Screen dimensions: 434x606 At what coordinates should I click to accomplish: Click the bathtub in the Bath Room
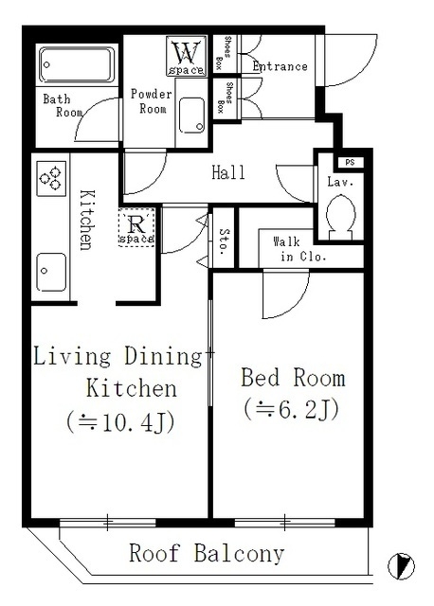point(77,65)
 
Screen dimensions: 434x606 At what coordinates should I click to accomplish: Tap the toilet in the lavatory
point(341,218)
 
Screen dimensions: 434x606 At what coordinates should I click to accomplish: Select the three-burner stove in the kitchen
point(51,179)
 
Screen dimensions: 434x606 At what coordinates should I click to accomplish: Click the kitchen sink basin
point(51,272)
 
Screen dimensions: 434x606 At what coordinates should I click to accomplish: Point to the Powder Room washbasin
point(191,116)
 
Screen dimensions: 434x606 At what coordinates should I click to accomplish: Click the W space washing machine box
point(186,56)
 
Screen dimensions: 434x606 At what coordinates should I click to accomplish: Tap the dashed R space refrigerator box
point(136,227)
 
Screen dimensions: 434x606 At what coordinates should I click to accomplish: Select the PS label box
point(351,162)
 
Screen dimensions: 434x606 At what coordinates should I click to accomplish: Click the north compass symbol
point(401,566)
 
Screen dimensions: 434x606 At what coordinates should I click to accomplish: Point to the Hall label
point(228,172)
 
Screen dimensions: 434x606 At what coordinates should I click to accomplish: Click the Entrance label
point(280,66)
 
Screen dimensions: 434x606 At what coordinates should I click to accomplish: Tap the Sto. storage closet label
point(224,241)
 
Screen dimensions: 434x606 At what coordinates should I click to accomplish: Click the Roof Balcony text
point(207,553)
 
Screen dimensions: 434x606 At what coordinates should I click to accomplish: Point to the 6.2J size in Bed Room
point(292,409)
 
